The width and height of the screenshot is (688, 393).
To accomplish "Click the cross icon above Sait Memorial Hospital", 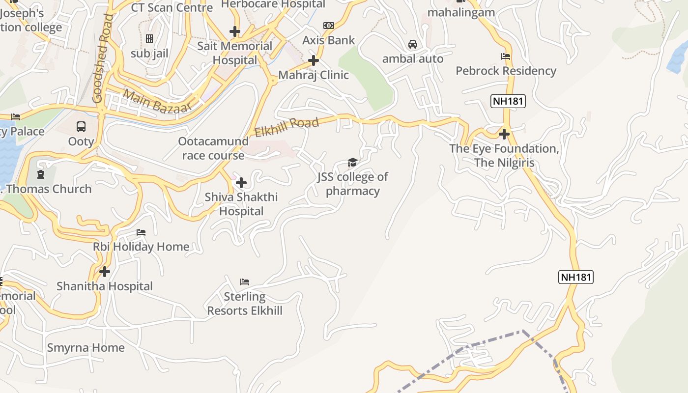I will (x=235, y=32).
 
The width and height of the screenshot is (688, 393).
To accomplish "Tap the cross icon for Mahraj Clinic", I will (x=314, y=60).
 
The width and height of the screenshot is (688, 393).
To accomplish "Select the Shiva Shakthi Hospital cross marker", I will (x=241, y=183).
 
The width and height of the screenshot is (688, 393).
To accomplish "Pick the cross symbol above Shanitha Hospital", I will (x=105, y=271).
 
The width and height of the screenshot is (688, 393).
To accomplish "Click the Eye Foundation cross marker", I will (x=504, y=134).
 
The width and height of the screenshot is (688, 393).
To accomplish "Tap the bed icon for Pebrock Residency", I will (x=506, y=56).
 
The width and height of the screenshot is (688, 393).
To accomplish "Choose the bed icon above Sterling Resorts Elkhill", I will (x=245, y=282).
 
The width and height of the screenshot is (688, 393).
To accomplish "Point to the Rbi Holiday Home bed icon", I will (x=141, y=232).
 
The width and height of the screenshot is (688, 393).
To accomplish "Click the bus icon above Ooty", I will (x=81, y=127).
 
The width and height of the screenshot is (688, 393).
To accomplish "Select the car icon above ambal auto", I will (x=413, y=44).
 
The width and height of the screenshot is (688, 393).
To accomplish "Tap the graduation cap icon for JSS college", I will (x=352, y=162).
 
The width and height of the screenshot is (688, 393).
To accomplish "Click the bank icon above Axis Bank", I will (x=328, y=26).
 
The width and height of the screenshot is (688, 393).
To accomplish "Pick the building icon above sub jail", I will (x=149, y=39).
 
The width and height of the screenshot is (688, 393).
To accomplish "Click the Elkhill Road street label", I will (x=287, y=127).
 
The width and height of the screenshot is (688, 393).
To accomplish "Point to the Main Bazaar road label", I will (x=157, y=100).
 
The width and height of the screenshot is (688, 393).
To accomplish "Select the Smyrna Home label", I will (x=86, y=348).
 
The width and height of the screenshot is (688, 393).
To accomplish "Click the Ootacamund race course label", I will (x=213, y=148).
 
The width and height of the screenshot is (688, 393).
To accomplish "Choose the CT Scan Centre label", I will (x=172, y=7).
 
